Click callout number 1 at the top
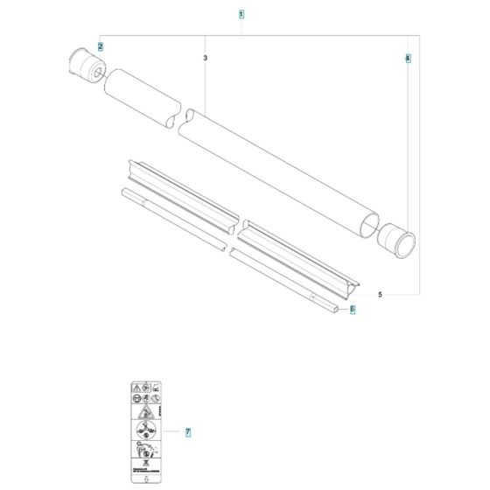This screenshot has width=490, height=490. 241,15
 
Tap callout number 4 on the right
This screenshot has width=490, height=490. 407,58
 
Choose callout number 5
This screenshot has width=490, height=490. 380,294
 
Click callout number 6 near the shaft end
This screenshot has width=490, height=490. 353,309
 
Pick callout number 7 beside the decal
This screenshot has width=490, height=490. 188,432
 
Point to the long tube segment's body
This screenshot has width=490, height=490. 280,171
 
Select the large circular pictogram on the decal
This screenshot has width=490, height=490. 143,432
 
